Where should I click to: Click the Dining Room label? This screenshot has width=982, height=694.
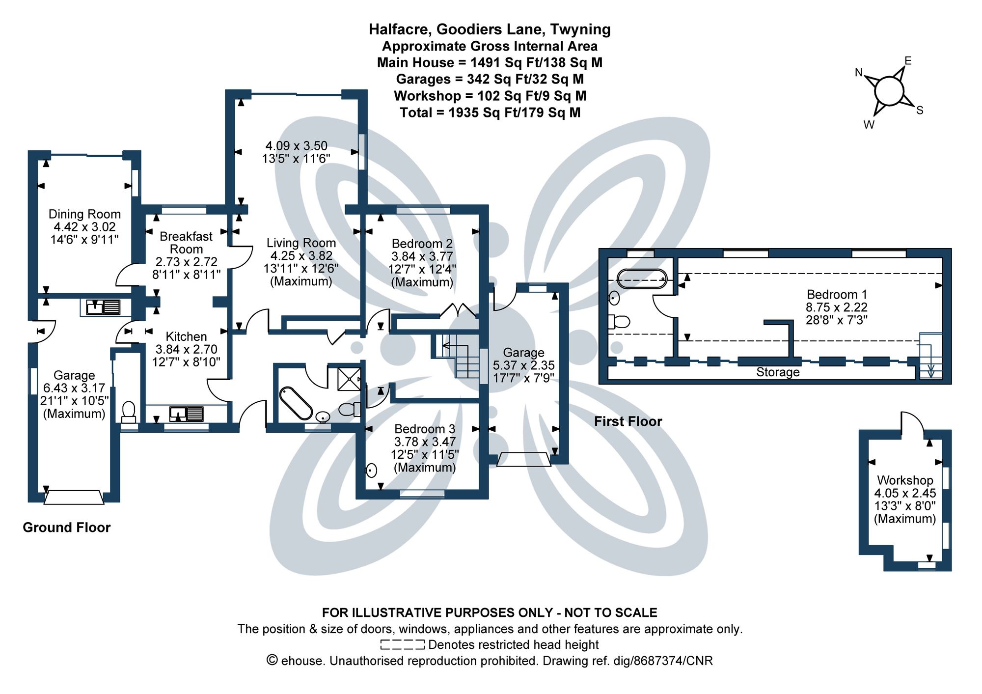(84, 215)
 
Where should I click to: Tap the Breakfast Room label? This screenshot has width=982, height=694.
(186, 243)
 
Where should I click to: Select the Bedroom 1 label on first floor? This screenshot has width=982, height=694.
(837, 295)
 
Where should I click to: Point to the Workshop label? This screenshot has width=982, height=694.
(905, 480)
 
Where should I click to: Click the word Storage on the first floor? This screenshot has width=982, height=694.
(778, 372)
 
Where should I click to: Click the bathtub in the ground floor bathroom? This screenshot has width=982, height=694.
(296, 403)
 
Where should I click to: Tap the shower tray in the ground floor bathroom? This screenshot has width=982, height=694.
(349, 379)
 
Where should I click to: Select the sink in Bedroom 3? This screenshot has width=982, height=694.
(372, 471)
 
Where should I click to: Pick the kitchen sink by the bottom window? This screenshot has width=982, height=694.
(186, 414)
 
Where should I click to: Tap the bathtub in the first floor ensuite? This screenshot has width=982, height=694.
(642, 279)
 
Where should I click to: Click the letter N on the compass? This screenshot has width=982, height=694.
(859, 73)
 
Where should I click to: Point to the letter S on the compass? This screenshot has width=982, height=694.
(920, 111)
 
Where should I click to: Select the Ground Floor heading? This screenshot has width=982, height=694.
(67, 527)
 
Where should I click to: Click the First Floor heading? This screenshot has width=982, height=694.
(628, 421)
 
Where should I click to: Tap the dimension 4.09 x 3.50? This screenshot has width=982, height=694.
(296, 146)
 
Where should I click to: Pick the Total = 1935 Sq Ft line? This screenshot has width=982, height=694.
(490, 113)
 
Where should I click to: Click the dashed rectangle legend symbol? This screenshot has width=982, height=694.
(402, 644)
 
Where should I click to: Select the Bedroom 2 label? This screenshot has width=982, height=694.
(422, 244)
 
